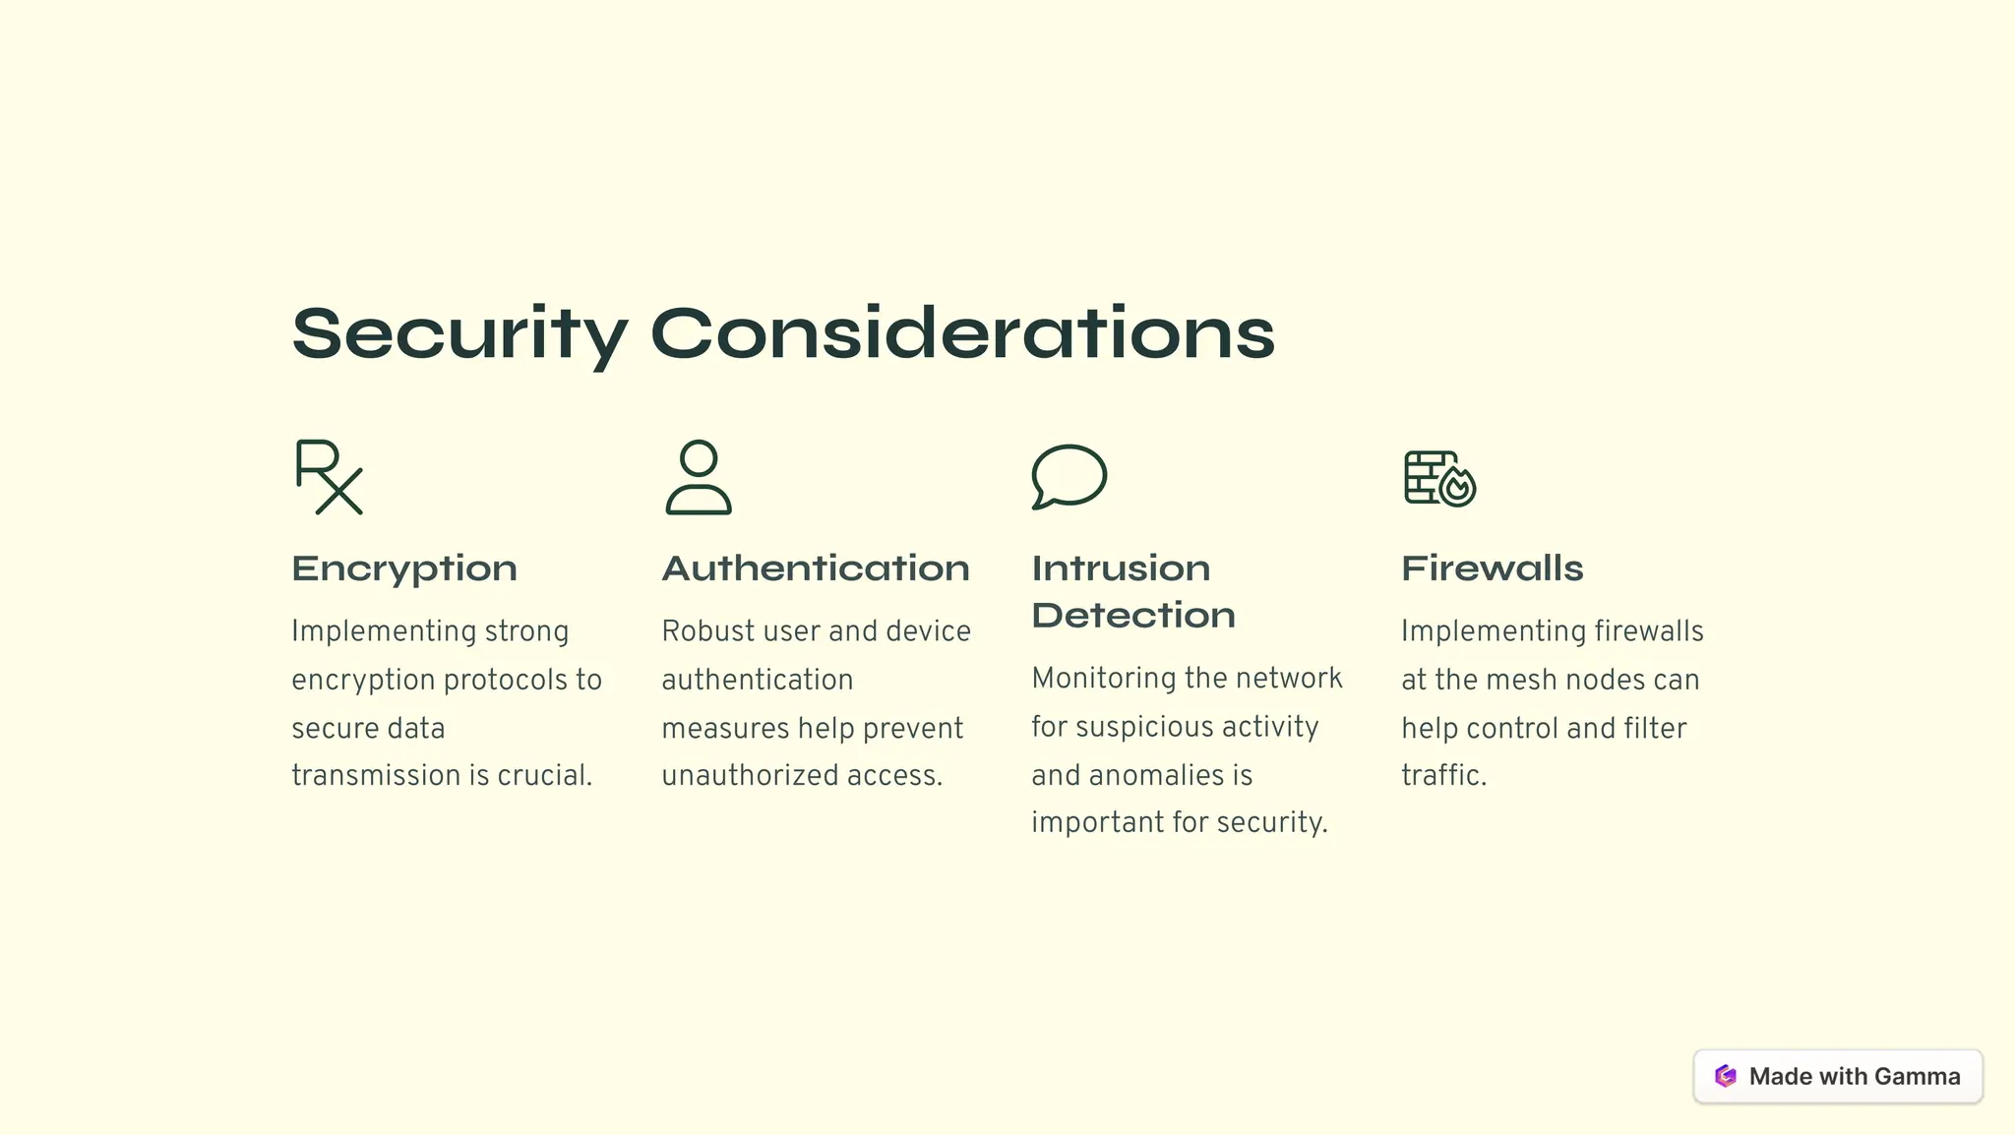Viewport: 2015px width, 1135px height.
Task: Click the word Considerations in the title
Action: [962, 333]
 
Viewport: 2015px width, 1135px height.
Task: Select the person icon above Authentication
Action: [699, 477]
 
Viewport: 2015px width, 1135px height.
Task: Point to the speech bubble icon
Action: [1069, 477]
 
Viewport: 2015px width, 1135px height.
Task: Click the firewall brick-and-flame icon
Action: [1439, 478]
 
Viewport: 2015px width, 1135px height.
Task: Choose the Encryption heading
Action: [404, 568]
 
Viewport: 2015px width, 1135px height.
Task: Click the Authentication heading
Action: [816, 568]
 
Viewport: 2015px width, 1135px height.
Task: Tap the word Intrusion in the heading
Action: [1121, 568]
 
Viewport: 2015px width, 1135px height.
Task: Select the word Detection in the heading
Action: [1133, 616]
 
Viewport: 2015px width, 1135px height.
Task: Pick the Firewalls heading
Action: [1493, 568]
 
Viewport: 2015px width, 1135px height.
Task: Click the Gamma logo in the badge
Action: [1726, 1076]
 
